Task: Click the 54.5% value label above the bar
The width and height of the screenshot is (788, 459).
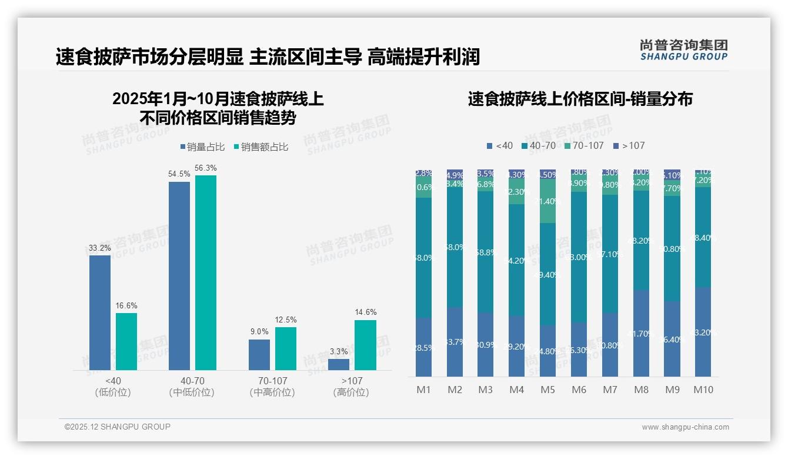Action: coord(179,174)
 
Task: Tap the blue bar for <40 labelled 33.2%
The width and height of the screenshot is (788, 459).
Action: coord(100,312)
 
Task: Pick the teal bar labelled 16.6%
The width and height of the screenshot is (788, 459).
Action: coord(126,341)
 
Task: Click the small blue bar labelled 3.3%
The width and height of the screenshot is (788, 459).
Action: coord(339,364)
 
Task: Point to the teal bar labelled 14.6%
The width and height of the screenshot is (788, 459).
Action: coord(365,345)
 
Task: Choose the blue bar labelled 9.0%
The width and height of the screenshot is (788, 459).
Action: coord(259,355)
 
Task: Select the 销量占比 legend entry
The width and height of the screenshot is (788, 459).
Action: coord(202,147)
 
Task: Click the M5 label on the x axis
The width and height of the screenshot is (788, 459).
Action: coord(547,390)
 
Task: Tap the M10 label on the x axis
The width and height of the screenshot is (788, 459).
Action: coord(703,390)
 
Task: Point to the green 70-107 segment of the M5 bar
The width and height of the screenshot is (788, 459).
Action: coord(547,201)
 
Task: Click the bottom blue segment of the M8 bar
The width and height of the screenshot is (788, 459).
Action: coord(641,333)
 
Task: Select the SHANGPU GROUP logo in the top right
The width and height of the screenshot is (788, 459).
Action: coord(683,50)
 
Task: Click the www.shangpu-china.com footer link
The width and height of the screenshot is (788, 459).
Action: coord(685,427)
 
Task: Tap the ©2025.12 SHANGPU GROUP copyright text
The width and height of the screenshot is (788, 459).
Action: coord(118,427)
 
